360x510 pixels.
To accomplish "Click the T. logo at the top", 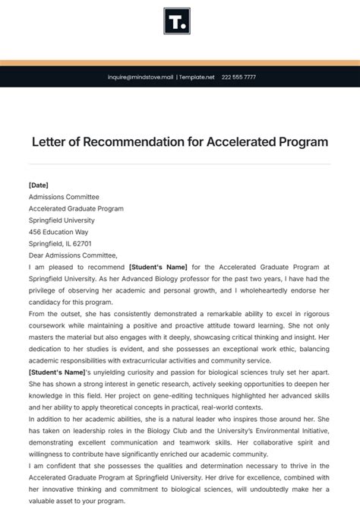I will click(177, 21).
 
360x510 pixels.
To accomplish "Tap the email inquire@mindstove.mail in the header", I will click(141, 77).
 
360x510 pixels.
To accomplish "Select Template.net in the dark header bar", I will click(197, 77).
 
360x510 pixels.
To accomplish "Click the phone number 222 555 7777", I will click(240, 77).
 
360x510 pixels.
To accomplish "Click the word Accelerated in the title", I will click(242, 142).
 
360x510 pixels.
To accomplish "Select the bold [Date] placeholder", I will click(39, 185).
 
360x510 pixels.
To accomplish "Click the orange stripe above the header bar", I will click(180, 62).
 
